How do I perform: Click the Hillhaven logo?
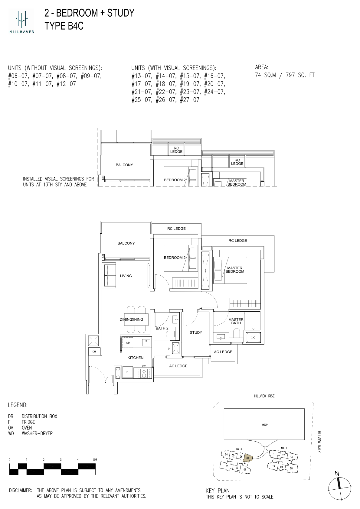(x=21, y=21)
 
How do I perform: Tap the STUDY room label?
(x=196, y=332)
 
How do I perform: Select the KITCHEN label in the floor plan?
(x=135, y=358)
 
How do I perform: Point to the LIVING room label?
(x=126, y=276)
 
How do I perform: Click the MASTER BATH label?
(x=236, y=321)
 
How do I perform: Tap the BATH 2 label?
(x=162, y=328)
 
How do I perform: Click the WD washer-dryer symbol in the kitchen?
(x=128, y=343)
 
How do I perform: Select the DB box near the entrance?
(x=94, y=351)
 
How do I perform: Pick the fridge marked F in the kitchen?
(x=128, y=372)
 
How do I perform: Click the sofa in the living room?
(x=110, y=275)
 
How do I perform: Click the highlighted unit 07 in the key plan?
(x=248, y=458)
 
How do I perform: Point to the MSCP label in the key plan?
(x=265, y=425)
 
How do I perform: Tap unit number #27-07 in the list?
(x=189, y=100)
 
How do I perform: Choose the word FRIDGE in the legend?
(x=28, y=422)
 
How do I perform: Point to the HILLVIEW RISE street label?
(x=264, y=396)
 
